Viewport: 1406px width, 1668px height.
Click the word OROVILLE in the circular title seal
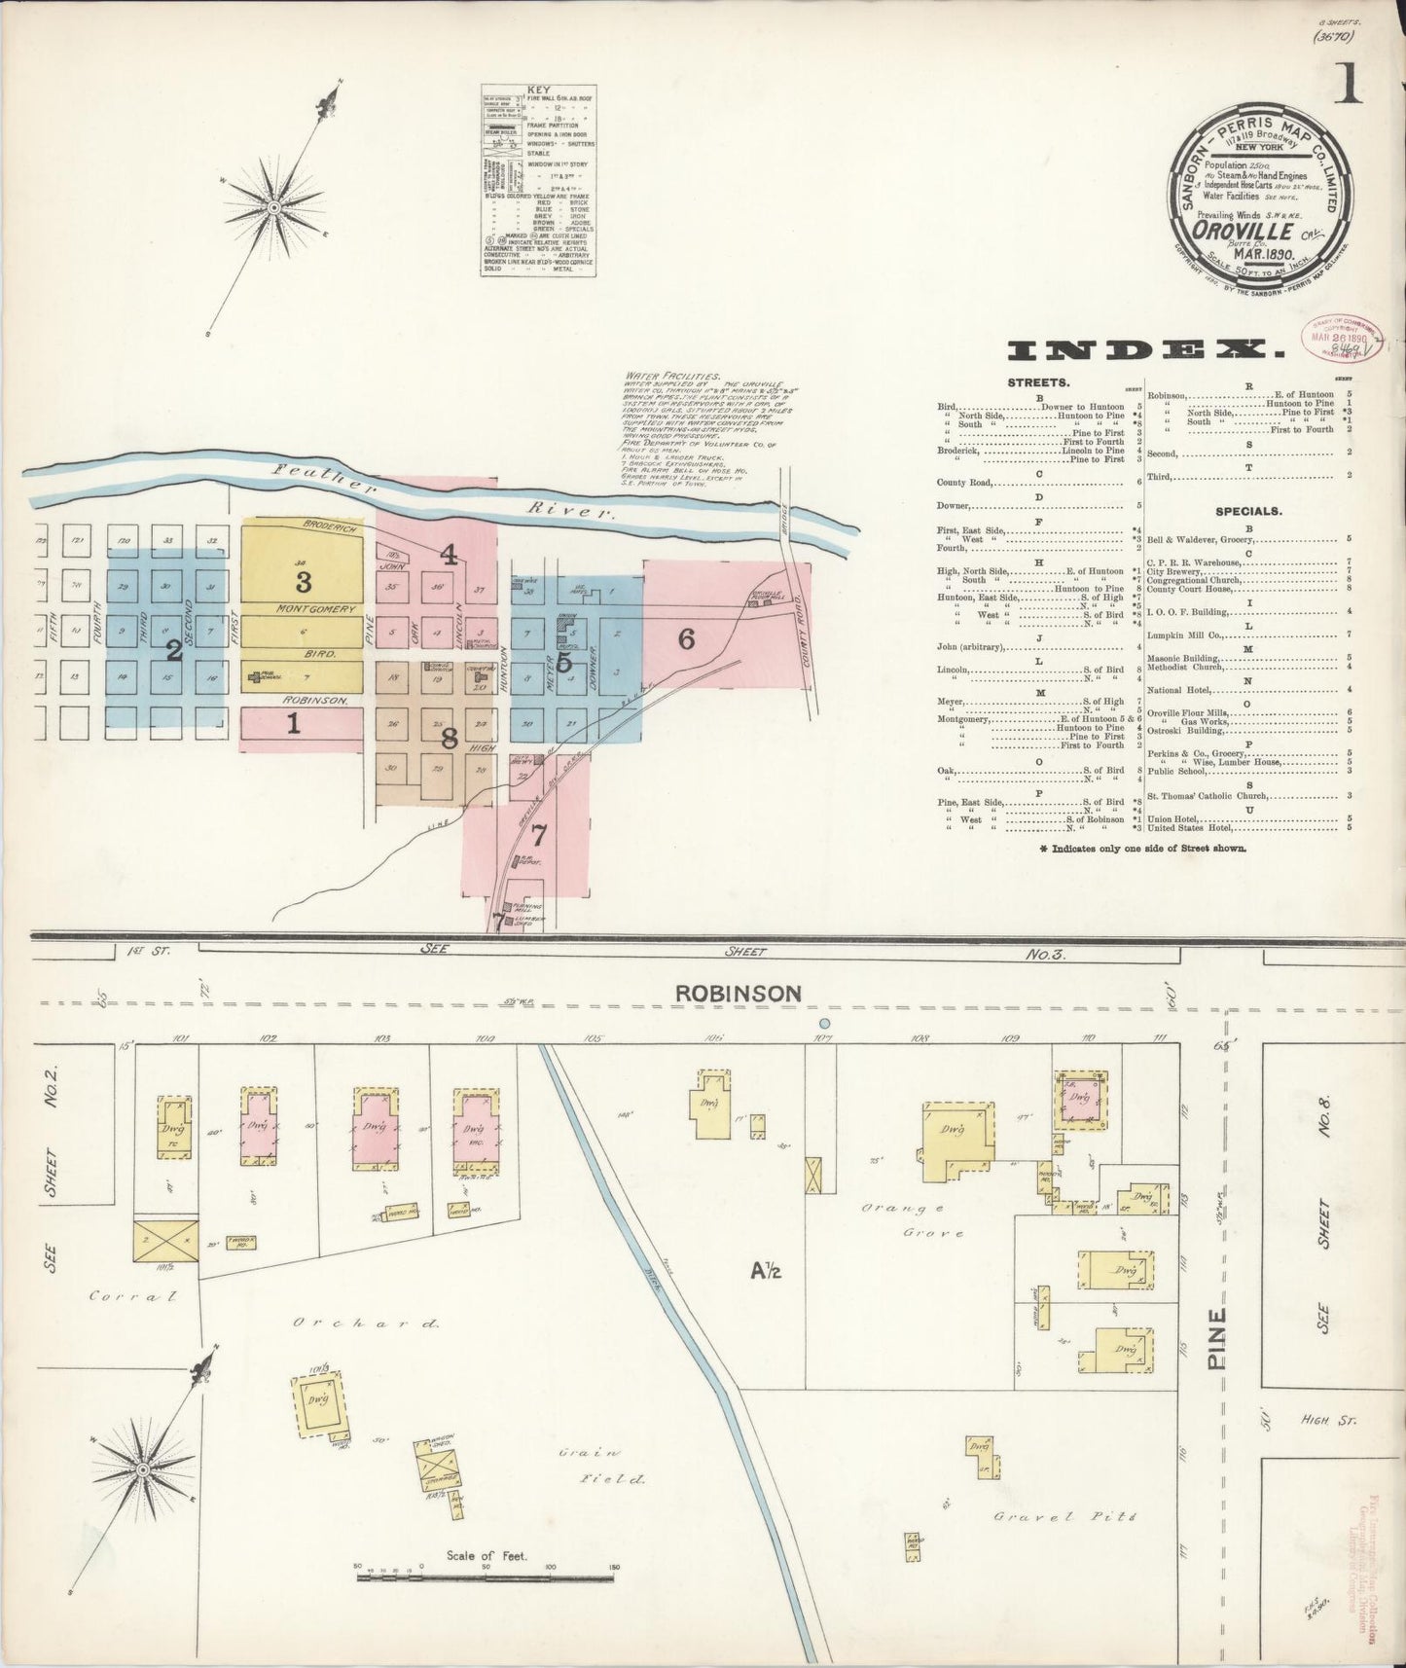[x=1244, y=231]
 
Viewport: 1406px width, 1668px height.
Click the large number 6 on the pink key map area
[x=687, y=639]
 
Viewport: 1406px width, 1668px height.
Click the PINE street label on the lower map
[x=1217, y=1339]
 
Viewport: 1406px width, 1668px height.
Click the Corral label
[x=132, y=1295]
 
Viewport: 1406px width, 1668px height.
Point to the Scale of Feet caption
[x=486, y=1555]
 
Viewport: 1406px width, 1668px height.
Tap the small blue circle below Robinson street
[x=824, y=1023]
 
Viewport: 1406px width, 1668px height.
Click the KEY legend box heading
[x=538, y=91]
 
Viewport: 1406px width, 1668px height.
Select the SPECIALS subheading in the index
[x=1247, y=511]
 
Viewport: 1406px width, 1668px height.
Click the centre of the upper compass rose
[x=274, y=207]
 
